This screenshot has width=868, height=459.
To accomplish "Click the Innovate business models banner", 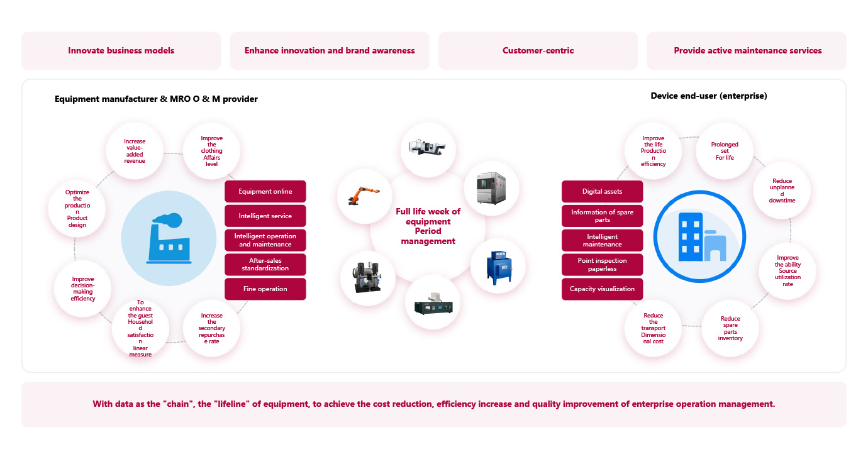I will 121,50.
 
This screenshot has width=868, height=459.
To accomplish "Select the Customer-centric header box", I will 538,50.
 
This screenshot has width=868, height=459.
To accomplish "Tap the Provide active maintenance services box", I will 747,50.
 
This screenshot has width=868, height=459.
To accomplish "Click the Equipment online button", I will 265,192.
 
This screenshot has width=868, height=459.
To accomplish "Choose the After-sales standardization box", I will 265,265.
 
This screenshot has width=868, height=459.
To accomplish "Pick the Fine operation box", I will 265,289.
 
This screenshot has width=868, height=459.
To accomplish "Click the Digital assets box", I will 602,192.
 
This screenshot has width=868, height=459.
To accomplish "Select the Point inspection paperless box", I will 602,265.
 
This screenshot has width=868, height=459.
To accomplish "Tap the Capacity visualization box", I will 602,289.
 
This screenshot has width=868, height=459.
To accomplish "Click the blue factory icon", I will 164,238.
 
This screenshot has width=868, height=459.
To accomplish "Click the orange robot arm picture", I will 364,196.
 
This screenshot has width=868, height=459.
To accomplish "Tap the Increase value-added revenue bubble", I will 135,152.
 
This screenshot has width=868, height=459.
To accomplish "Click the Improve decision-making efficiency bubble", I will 83,289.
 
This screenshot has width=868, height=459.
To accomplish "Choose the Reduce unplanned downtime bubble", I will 782,191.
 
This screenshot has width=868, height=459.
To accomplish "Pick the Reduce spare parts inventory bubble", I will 730,328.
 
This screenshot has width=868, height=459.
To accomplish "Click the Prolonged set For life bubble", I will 725,151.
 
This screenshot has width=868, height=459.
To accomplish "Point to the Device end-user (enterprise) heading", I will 708,96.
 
